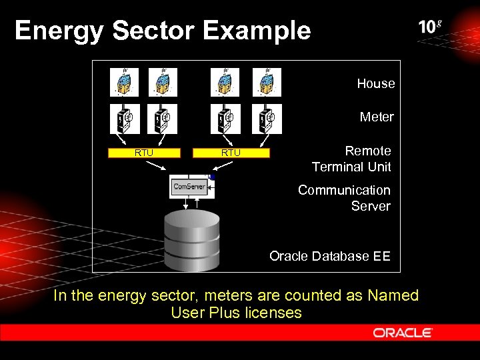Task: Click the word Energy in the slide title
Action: pyautogui.click(x=55, y=31)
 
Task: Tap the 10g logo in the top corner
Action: pyautogui.click(x=430, y=27)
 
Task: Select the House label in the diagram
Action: pyautogui.click(x=375, y=84)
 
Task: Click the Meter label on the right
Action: pyautogui.click(x=377, y=117)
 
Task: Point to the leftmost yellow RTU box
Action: pyautogui.click(x=144, y=153)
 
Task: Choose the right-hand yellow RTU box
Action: pyautogui.click(x=231, y=153)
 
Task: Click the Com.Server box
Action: pyautogui.click(x=191, y=187)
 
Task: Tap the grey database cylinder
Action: pyautogui.click(x=192, y=240)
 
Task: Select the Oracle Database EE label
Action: pyautogui.click(x=329, y=256)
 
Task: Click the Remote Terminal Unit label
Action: pyautogui.click(x=351, y=159)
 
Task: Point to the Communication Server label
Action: pyautogui.click(x=344, y=198)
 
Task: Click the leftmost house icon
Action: pyautogui.click(x=125, y=82)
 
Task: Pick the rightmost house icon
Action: pyautogui.click(x=267, y=82)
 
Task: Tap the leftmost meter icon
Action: pyautogui.click(x=125, y=119)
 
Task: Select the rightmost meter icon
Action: pyautogui.click(x=267, y=119)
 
